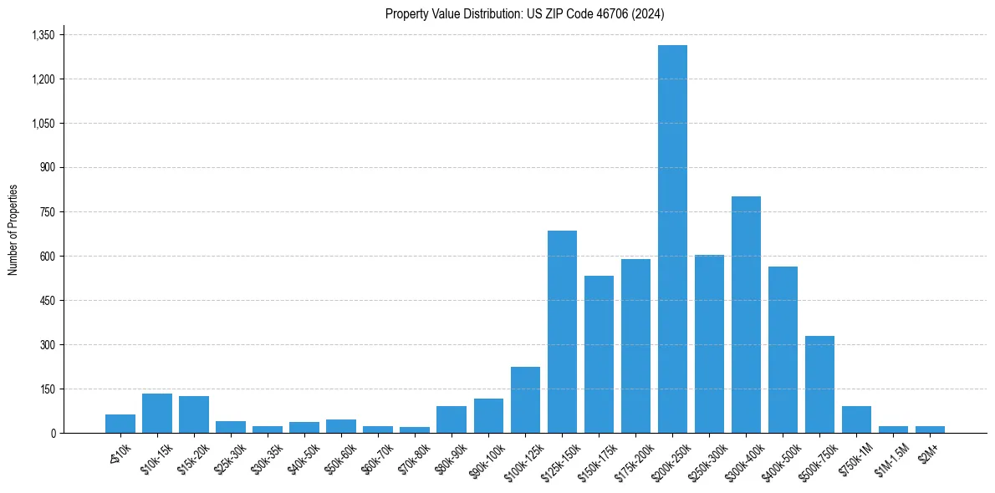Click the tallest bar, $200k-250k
click(x=672, y=239)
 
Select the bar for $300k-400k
click(x=746, y=315)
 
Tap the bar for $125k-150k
click(x=562, y=332)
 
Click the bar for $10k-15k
click(x=157, y=414)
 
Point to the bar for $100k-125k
click(x=525, y=400)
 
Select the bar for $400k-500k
click(x=783, y=350)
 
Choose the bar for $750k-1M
click(x=856, y=419)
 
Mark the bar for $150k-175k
click(x=599, y=354)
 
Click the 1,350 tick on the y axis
click(x=42, y=35)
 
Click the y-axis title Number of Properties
click(x=13, y=230)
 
